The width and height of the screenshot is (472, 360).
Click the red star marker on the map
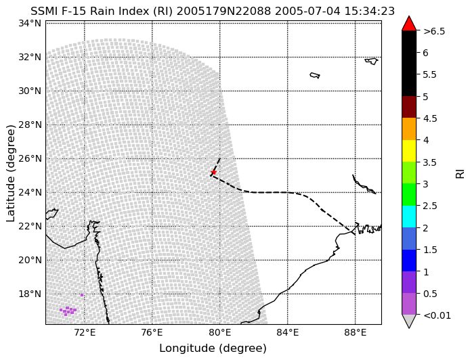[213, 172]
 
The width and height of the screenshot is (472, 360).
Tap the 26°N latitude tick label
[30, 158]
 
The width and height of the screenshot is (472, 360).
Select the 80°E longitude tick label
[219, 333]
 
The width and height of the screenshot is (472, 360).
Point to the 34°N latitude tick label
[30, 23]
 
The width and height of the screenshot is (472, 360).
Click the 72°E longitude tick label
[84, 333]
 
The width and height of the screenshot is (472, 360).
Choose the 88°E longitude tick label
[356, 333]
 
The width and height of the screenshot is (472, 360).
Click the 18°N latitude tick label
[30, 294]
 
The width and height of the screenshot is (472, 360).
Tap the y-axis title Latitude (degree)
[11, 173]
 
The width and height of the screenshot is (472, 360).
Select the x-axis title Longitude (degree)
[213, 348]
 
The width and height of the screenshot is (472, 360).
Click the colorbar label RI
[460, 173]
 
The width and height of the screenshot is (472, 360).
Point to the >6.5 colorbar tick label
[434, 31]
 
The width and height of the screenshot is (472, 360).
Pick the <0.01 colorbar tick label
[437, 315]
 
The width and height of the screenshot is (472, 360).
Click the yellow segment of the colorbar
[409, 151]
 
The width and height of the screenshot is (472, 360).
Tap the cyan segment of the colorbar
[409, 217]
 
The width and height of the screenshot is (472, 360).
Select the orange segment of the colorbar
[409, 129]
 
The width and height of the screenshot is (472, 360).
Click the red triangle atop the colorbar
[409, 24]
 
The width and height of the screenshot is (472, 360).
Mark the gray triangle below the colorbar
[409, 320]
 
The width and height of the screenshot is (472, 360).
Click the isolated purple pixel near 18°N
[82, 295]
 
